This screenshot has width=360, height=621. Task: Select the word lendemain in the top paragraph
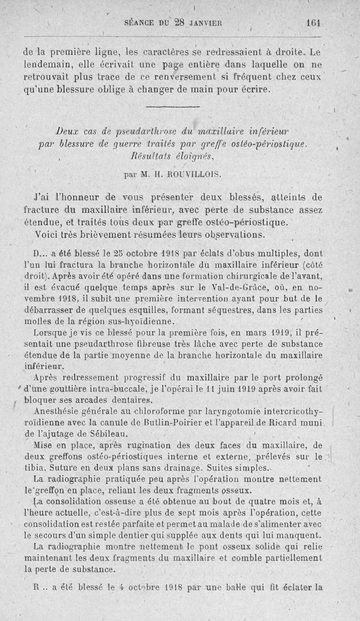click(x=42, y=64)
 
